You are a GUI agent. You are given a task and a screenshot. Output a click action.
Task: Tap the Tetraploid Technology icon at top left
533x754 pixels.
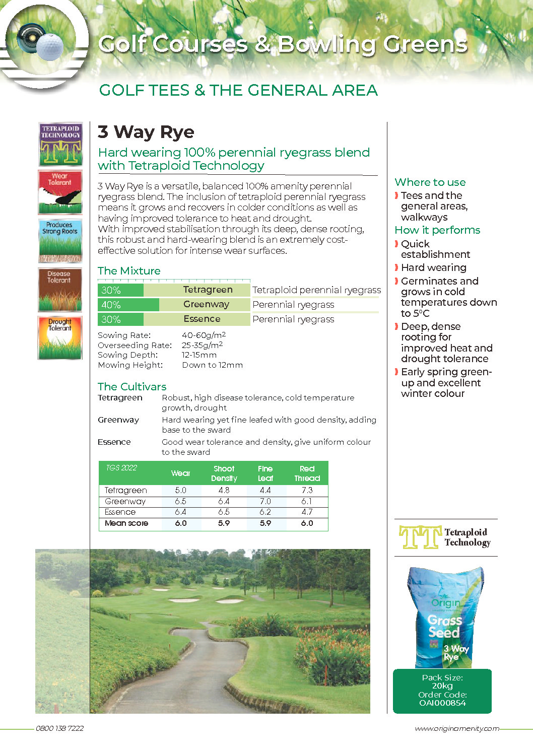pyautogui.click(x=60, y=144)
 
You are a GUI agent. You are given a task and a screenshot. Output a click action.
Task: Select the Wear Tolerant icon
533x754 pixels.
pyautogui.click(x=60, y=192)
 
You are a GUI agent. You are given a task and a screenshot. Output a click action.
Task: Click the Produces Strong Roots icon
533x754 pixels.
pyautogui.click(x=60, y=241)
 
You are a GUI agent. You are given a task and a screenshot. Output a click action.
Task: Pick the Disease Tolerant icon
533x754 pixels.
pyautogui.click(x=60, y=290)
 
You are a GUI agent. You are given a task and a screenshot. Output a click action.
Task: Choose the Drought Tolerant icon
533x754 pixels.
pyautogui.click(x=60, y=337)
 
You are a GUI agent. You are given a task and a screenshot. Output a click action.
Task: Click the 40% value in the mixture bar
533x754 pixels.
pyautogui.click(x=111, y=305)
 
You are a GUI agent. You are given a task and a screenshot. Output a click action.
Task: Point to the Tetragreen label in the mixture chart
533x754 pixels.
pyautogui.click(x=208, y=290)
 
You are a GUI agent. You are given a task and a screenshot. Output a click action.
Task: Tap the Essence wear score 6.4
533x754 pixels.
pyautogui.click(x=180, y=512)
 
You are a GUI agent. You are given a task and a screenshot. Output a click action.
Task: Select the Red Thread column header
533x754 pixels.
pyautogui.click(x=307, y=473)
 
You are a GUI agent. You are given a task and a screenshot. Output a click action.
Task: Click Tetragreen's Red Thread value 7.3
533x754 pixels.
pyautogui.click(x=307, y=490)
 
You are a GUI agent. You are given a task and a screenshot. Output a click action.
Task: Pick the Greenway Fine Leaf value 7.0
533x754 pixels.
pyautogui.click(x=265, y=501)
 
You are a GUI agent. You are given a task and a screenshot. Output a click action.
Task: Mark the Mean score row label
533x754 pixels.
pyautogui.click(x=126, y=523)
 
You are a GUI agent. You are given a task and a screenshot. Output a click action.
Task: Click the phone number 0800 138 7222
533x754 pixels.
pyautogui.click(x=60, y=728)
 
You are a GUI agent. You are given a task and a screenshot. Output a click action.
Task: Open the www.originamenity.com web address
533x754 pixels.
pyautogui.click(x=457, y=728)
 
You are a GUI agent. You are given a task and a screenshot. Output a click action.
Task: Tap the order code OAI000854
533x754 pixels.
pyautogui.click(x=442, y=703)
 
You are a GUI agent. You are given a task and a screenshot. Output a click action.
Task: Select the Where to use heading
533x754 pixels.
pyautogui.click(x=430, y=182)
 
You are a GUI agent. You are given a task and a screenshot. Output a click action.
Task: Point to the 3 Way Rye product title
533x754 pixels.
pyautogui.click(x=146, y=132)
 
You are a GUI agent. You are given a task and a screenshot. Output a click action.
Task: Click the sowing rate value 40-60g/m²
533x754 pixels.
pyautogui.click(x=204, y=335)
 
